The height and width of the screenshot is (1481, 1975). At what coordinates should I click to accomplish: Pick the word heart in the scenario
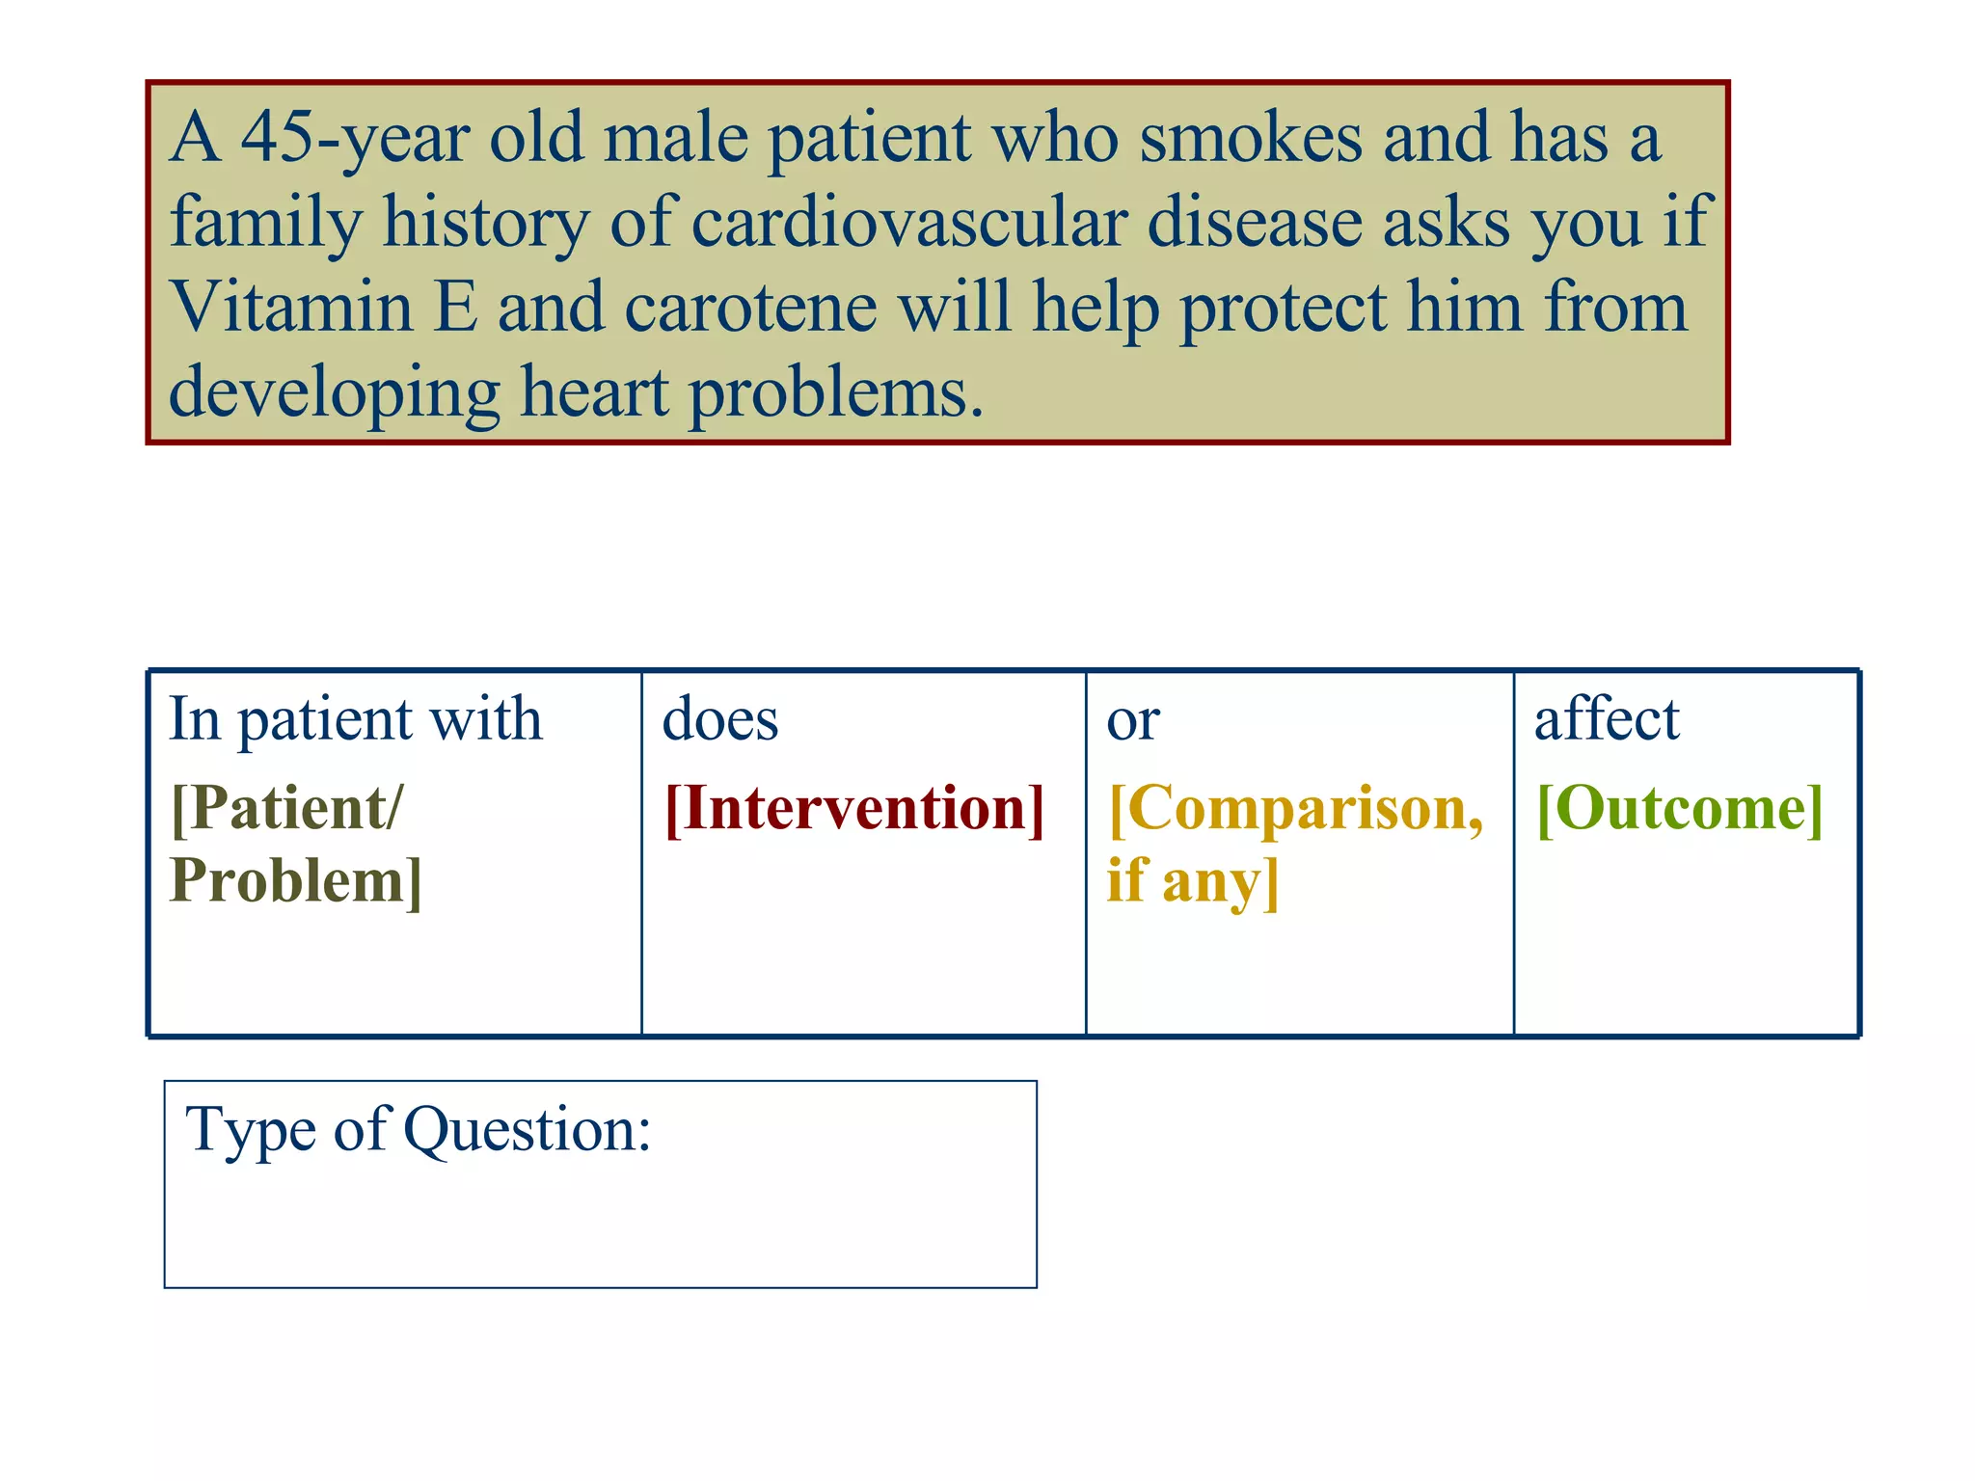(594, 392)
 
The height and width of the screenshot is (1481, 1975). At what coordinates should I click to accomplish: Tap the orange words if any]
(1192, 881)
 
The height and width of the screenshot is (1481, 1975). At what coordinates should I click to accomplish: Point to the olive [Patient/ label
(286, 808)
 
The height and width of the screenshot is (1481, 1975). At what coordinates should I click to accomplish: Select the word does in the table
(719, 719)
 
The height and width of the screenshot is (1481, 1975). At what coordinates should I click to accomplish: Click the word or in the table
(1132, 721)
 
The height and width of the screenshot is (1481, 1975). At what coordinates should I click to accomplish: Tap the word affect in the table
(1607, 719)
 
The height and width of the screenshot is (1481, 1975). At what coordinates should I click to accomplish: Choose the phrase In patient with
(355, 719)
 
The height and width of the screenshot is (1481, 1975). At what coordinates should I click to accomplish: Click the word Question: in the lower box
(527, 1130)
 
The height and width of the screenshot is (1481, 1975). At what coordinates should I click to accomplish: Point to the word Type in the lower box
(250, 1130)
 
